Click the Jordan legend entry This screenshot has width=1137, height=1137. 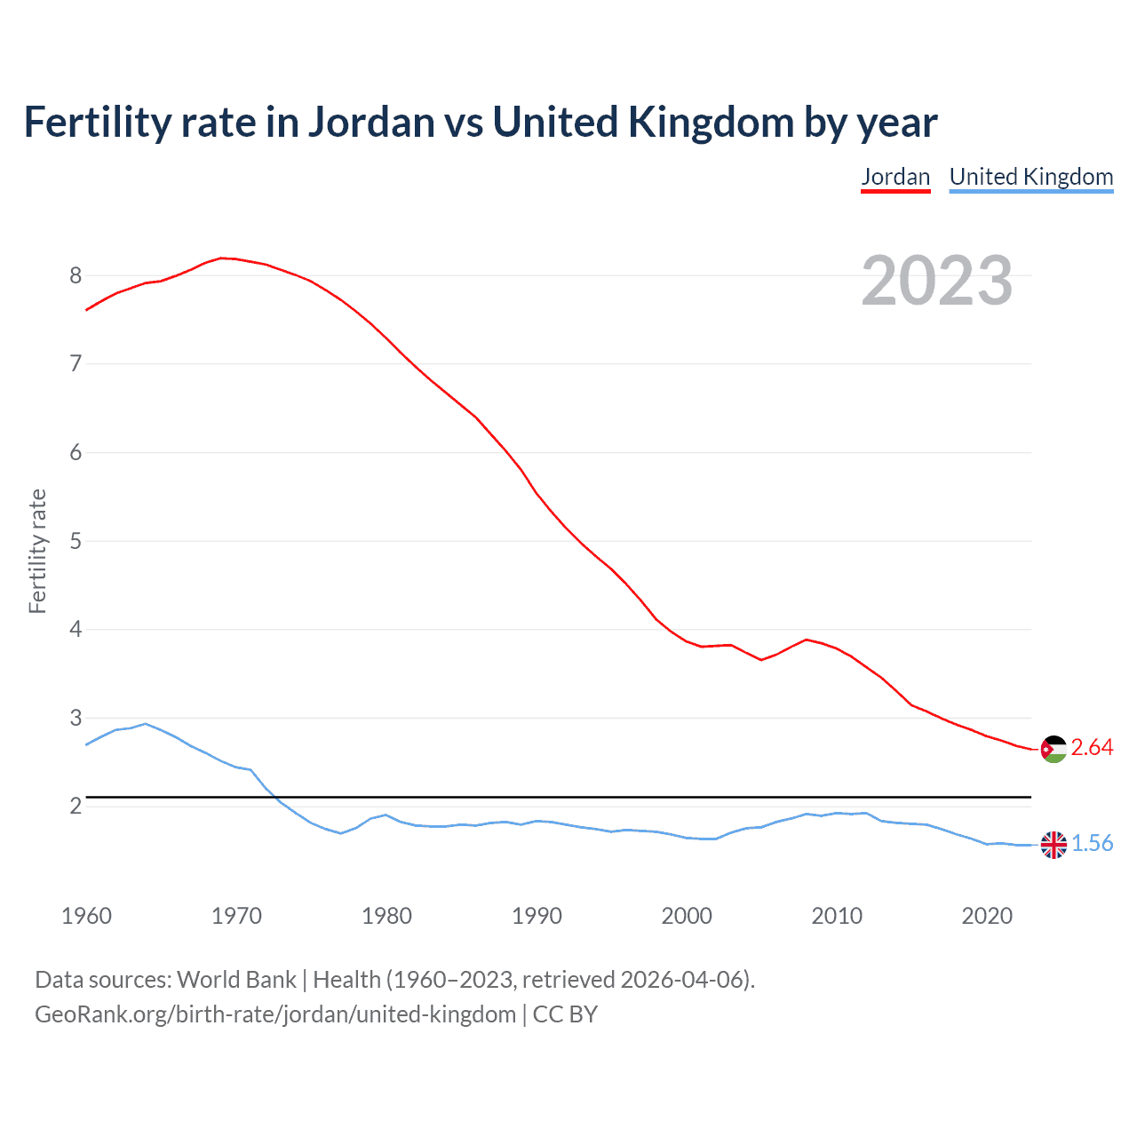point(895,177)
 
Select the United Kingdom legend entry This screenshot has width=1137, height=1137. point(1030,177)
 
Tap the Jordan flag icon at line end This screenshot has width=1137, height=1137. point(1054,749)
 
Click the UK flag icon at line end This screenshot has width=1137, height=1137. point(1054,845)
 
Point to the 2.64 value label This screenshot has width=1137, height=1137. point(1092,748)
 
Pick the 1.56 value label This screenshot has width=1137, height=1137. point(1092,844)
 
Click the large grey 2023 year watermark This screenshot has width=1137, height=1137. point(936,281)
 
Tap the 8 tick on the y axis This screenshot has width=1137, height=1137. point(76,275)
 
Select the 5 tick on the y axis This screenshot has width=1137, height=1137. point(76,541)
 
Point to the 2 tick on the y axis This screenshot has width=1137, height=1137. point(76,806)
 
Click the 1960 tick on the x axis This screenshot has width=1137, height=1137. point(86,916)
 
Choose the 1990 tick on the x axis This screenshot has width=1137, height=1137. point(537,916)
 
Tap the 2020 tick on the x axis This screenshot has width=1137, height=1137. point(987,916)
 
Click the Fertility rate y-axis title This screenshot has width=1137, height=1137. point(37,551)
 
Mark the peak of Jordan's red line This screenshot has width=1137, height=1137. point(222,258)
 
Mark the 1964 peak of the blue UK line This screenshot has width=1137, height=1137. point(146,723)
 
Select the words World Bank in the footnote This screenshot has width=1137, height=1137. point(236,980)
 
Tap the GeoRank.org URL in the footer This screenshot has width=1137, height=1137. point(275,1014)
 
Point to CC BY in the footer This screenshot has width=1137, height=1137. point(565,1014)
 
